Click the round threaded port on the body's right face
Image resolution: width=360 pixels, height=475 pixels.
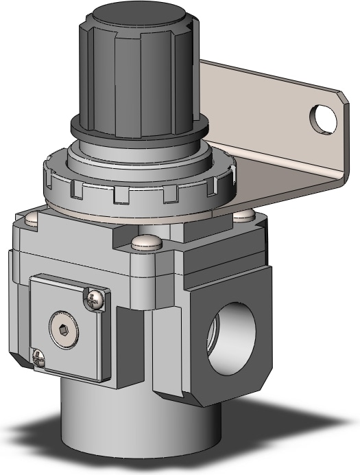(230, 328)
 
